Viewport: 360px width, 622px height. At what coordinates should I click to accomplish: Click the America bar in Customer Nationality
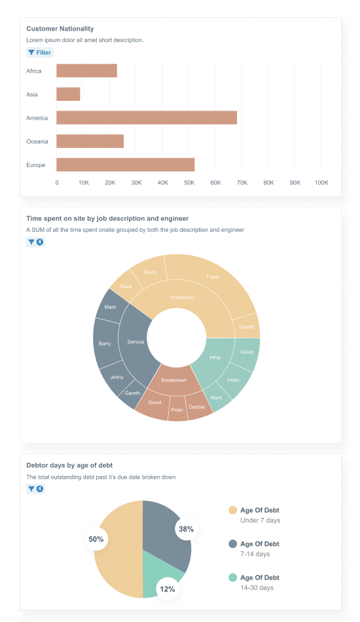146,118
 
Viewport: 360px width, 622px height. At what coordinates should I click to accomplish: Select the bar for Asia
68,94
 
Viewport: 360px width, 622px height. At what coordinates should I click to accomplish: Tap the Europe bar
125,165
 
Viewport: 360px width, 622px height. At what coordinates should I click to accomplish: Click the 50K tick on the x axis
189,183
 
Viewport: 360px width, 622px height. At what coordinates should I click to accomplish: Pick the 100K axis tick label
321,183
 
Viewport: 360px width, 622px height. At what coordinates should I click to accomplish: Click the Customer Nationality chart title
60,29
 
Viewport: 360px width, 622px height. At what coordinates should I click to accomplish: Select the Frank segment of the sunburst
213,277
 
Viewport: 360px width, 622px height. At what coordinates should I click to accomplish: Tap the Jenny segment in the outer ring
117,377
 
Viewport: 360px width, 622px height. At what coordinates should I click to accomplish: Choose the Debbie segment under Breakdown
197,407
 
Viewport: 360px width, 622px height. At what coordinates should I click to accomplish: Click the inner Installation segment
183,298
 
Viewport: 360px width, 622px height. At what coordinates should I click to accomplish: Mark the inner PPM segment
215,358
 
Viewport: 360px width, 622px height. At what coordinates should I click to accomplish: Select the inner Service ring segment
135,342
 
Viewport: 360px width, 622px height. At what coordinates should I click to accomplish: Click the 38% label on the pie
186,529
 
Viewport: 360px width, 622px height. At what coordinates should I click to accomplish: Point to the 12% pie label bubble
168,589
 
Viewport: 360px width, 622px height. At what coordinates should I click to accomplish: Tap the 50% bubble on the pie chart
96,540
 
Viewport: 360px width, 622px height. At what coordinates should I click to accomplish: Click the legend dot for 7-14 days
232,544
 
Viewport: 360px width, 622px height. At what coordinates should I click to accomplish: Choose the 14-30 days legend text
257,588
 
